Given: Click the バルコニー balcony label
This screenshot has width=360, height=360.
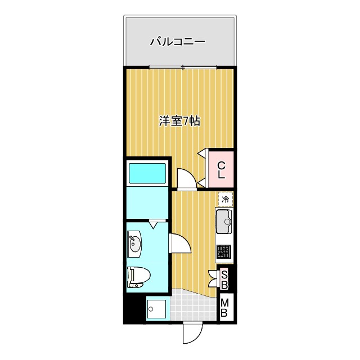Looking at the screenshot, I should [x=177, y=42].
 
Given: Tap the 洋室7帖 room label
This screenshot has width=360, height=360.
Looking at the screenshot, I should [x=179, y=120].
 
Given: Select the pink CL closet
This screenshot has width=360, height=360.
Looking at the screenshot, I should [x=222, y=170].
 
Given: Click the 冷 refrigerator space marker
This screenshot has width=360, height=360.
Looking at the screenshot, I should [x=225, y=199].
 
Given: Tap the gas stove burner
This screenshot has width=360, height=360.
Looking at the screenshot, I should [x=224, y=251].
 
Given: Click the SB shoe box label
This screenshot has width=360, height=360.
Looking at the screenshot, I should [x=224, y=280].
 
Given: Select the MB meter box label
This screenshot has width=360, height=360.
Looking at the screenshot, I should [x=224, y=308].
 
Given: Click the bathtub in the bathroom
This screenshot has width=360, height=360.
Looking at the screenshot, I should [x=147, y=174].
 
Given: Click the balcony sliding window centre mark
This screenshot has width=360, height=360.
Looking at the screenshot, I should [x=182, y=67].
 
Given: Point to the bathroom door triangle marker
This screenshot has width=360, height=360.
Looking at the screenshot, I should [x=152, y=224].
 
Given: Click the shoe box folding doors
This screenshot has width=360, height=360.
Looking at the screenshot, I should [x=213, y=280].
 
